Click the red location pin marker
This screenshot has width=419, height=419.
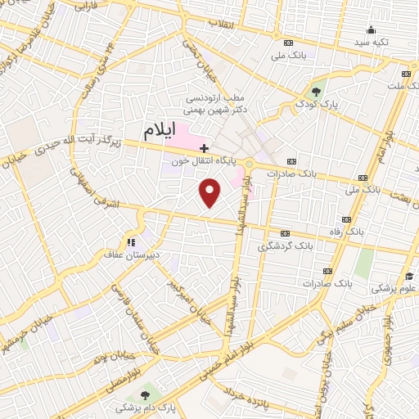[210, 192]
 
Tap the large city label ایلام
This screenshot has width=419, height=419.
[159, 130]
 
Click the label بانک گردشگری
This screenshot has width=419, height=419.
[286, 246]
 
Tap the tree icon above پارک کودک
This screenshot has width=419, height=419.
[318, 91]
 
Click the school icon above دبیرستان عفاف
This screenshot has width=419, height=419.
[130, 241]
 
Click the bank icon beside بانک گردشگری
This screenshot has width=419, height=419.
[284, 233]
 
